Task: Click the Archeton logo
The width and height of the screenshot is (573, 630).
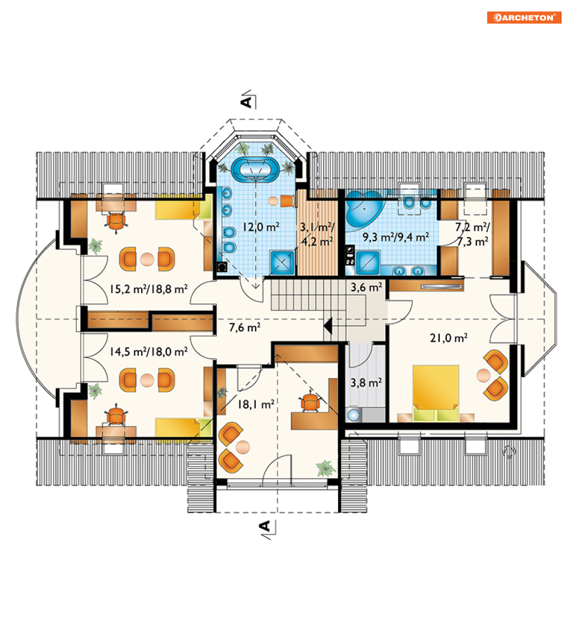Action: tap(524, 18)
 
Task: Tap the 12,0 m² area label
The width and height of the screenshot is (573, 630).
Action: tap(261, 227)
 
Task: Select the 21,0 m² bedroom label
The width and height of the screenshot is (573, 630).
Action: tap(449, 338)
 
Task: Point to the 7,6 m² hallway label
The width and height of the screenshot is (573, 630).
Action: tap(245, 327)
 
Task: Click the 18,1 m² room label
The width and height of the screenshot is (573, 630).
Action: tap(256, 404)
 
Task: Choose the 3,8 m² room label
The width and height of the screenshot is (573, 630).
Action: tap(366, 383)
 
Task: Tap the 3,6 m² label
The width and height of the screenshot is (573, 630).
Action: tap(366, 287)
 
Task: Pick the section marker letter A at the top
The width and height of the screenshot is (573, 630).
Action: tap(246, 102)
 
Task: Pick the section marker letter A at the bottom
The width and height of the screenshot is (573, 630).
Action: tap(265, 526)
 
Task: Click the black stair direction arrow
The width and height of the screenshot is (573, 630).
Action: tap(328, 326)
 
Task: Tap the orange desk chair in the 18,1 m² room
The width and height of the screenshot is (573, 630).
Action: tap(310, 402)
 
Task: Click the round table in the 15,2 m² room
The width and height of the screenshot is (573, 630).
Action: tap(147, 259)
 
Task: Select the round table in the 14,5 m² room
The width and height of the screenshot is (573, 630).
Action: tap(147, 380)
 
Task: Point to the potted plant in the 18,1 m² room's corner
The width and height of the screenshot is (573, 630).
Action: tap(326, 468)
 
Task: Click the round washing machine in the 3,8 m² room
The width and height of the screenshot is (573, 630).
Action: tap(354, 415)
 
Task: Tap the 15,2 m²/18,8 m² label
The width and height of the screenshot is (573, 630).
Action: tap(149, 289)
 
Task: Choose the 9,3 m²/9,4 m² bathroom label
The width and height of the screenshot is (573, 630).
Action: tap(396, 237)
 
